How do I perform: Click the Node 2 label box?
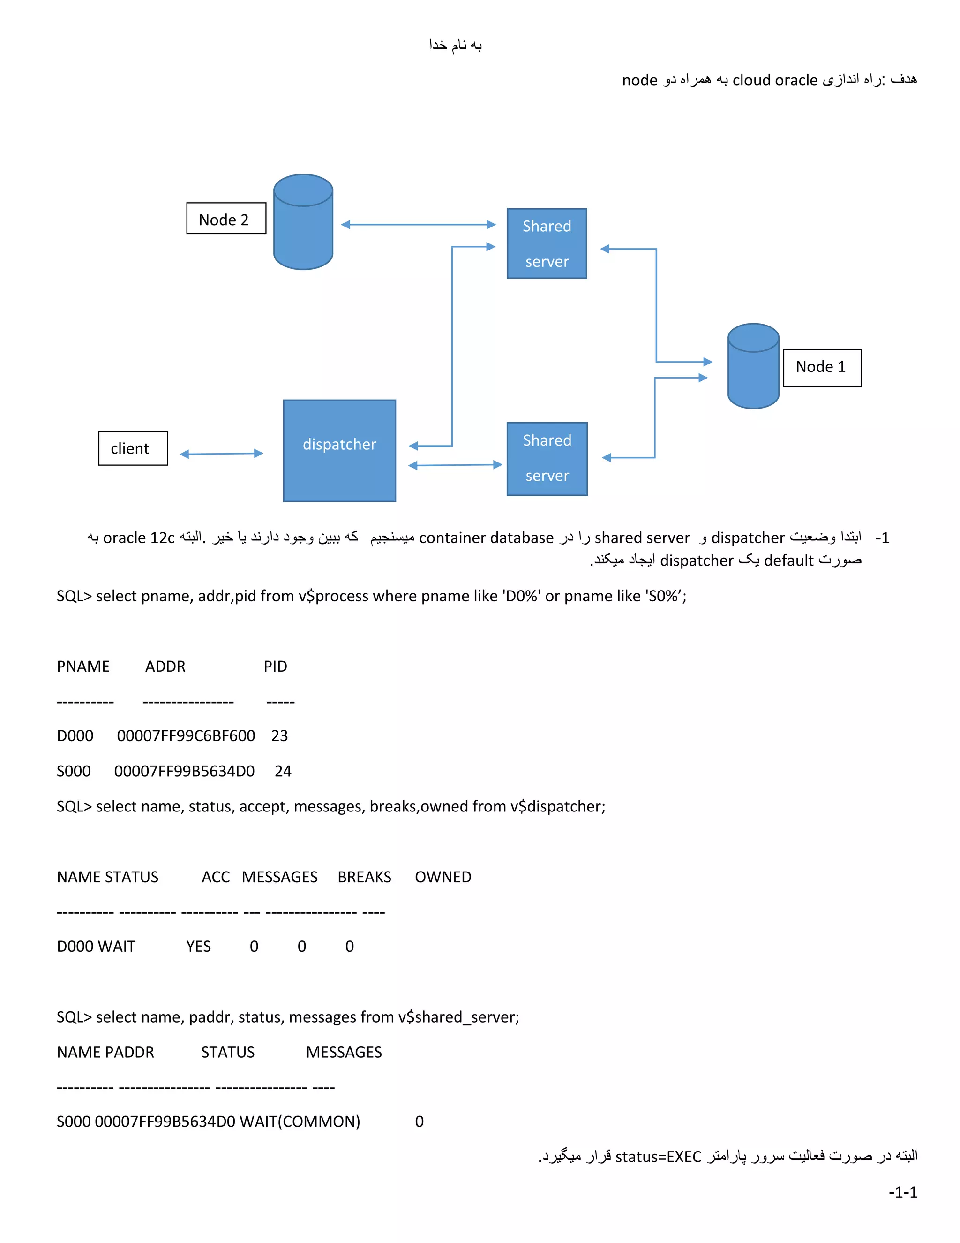pyautogui.click(x=226, y=219)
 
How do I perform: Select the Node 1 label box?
pyautogui.click(x=822, y=368)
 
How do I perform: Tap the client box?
pyautogui.click(x=133, y=448)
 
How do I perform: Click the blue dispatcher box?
pyautogui.click(x=339, y=450)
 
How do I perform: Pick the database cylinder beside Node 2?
pyautogui.click(x=303, y=222)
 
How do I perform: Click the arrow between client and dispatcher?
pyautogui.click(x=221, y=454)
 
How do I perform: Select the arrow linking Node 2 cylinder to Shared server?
pyautogui.click(x=418, y=224)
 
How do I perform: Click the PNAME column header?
pyautogui.click(x=83, y=667)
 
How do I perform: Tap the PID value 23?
pyautogui.click(x=279, y=736)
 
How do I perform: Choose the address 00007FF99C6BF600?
pyautogui.click(x=186, y=736)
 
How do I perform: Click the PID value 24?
pyautogui.click(x=283, y=771)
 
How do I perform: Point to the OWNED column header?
pyautogui.click(x=443, y=877)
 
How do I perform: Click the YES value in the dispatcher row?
pyautogui.click(x=198, y=947)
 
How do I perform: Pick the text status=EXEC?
pyautogui.click(x=658, y=1157)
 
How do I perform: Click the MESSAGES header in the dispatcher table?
pyautogui.click(x=279, y=877)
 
